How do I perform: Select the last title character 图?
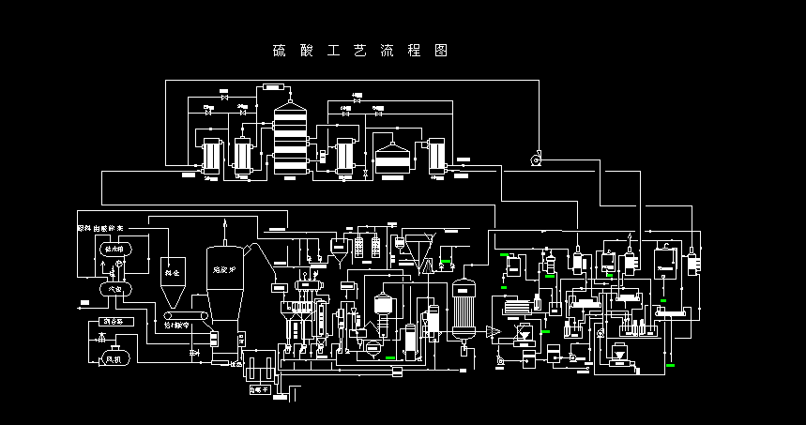tap(441, 50)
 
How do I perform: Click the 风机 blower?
tap(112, 357)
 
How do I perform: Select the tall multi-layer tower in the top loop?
tap(290, 141)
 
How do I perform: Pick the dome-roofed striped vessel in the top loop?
tap(395, 156)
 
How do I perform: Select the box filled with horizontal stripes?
tap(515, 307)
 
